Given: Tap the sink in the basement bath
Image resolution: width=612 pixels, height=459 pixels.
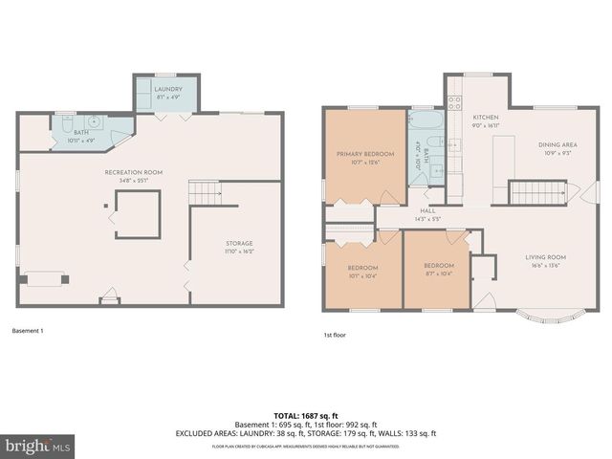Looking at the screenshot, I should coord(96,122).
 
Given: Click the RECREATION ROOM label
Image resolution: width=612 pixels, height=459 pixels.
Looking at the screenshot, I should coord(133,172).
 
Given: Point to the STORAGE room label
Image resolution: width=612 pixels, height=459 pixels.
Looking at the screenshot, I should coord(238,244).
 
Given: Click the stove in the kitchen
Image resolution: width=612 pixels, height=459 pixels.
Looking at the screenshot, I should coord(454,101).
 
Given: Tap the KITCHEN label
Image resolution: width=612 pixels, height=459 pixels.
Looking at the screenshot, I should coord(486,116).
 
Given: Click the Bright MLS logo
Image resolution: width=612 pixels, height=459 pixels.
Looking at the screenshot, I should coord(38,446).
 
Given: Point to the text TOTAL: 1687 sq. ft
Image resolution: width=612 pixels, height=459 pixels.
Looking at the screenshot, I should coord(305,416).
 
